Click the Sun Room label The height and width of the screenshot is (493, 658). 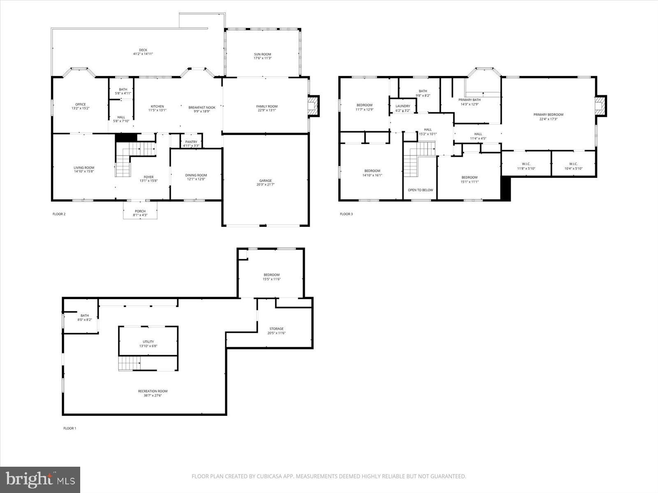[262, 54]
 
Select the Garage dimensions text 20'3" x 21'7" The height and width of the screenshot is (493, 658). [265, 185]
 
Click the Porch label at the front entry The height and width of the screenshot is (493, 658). [140, 212]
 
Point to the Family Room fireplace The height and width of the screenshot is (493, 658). [314, 106]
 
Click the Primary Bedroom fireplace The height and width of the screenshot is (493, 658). [601, 106]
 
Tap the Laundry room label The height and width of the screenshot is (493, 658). [403, 106]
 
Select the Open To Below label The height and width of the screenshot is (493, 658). [420, 190]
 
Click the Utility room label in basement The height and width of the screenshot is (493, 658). [148, 342]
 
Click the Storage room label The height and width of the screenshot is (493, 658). [276, 329]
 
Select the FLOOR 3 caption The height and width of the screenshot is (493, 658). [346, 214]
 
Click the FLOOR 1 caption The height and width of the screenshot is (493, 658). [70, 428]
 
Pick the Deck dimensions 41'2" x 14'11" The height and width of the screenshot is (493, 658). [143, 54]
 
